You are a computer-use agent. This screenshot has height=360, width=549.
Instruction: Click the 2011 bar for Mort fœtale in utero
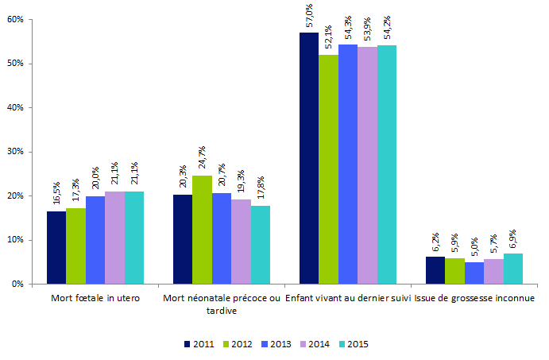coord(56,247)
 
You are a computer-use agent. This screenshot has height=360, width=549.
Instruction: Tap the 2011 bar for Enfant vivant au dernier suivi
coord(308,158)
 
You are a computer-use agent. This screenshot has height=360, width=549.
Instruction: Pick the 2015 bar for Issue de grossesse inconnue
coord(512,269)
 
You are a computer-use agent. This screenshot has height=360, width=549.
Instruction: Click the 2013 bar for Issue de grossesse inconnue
coord(474,273)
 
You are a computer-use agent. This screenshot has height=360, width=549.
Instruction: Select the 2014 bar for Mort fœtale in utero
coord(114,238)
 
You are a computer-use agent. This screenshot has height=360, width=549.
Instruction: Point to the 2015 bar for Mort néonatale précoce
coord(260,245)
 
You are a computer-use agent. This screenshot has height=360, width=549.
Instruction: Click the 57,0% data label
coord(309,17)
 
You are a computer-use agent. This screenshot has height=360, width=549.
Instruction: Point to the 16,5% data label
coord(56,195)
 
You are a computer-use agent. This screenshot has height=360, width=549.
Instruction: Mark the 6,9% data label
coord(512,238)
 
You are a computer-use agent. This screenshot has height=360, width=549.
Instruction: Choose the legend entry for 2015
coord(353,344)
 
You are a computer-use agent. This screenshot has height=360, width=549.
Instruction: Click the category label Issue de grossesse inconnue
coord(474,299)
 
